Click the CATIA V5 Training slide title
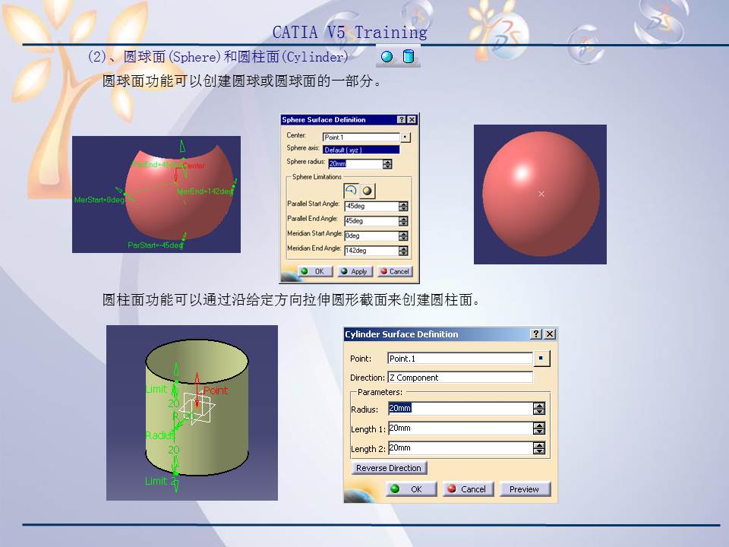coord(350,32)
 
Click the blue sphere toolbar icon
coord(387,57)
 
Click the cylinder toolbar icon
coord(409,57)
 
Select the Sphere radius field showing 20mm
coord(355,163)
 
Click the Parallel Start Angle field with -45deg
coord(371,206)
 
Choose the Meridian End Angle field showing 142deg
coord(371,251)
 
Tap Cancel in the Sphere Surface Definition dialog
coord(394,271)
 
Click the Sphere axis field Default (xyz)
coord(361,150)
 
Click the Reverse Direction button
coord(388,468)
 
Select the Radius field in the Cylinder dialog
coord(459,409)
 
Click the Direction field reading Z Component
coord(459,378)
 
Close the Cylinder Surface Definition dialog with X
coord(550,334)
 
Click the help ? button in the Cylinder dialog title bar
coord(536,334)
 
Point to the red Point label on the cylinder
coord(216,390)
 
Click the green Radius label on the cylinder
coord(160,435)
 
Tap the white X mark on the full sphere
coord(541,194)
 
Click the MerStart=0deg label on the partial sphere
coord(99,200)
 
